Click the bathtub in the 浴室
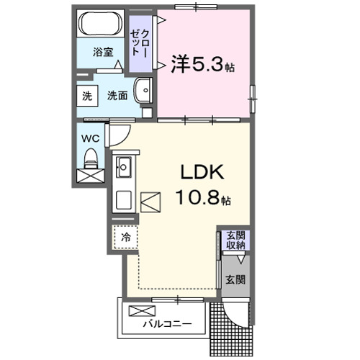pos(101,26)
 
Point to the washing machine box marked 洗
pos(87,96)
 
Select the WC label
pos(89,136)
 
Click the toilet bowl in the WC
pos(91,157)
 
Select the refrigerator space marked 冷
pos(125,236)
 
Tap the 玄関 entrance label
pos(236,279)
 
